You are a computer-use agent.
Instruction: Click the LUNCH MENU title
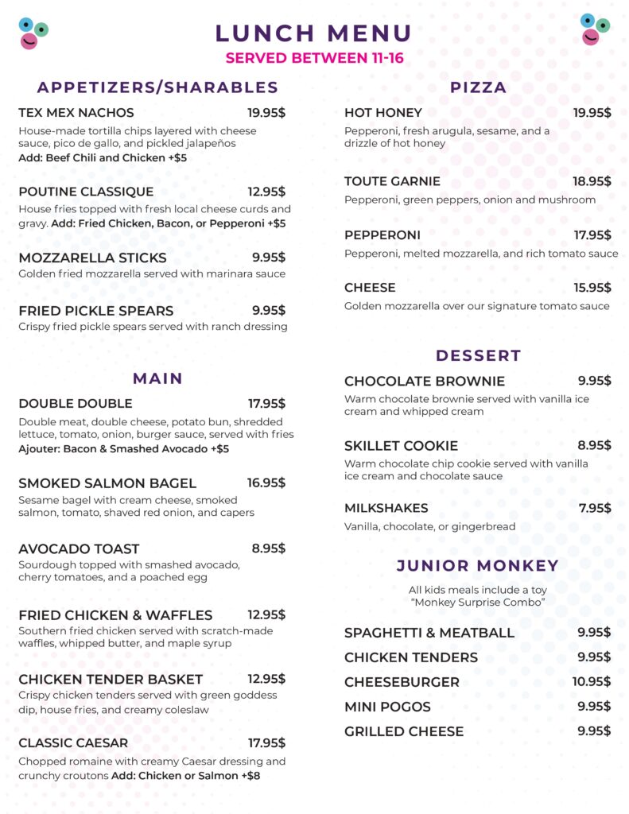[313, 33]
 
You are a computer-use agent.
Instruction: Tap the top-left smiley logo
[33, 33]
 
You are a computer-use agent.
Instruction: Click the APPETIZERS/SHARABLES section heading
[157, 87]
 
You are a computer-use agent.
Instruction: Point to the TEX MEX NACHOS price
[266, 113]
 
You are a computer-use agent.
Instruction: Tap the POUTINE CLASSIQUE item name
[86, 192]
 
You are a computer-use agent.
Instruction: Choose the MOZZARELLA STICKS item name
[92, 258]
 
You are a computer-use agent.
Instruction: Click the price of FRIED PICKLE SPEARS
[269, 310]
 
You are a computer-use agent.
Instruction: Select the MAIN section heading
[157, 378]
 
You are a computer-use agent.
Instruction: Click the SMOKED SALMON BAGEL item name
[107, 483]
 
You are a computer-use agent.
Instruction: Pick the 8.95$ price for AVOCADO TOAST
[269, 548]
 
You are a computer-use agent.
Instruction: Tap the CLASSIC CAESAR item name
[73, 743]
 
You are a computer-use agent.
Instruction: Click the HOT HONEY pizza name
[383, 113]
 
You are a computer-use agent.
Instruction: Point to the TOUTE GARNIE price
[592, 181]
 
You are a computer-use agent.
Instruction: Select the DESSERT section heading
[478, 355]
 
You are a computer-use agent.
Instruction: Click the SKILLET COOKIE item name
[401, 445]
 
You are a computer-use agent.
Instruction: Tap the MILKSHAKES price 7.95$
[595, 508]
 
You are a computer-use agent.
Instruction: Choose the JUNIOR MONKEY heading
[478, 566]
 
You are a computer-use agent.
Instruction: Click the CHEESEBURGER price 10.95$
[592, 682]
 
